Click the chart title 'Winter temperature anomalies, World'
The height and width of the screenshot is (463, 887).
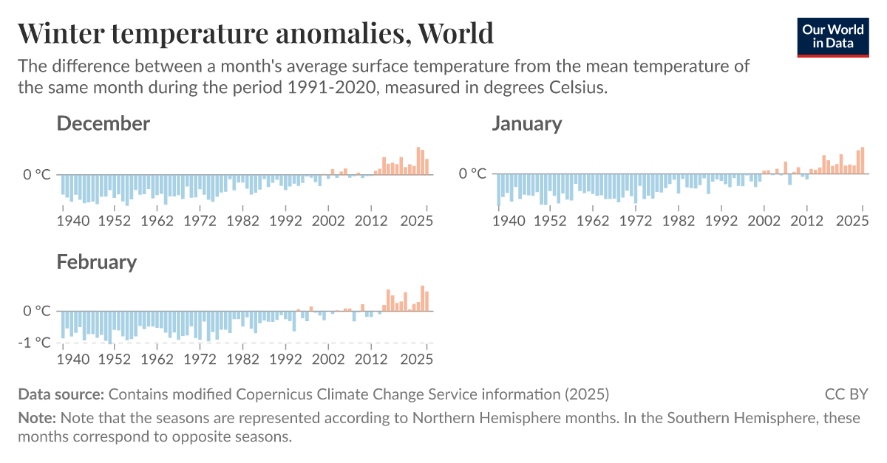[255, 32]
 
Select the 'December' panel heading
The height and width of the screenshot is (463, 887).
[103, 123]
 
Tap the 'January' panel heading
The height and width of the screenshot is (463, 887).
[526, 123]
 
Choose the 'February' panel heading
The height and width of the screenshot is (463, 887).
[97, 261]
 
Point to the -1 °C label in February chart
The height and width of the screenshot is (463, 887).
[37, 343]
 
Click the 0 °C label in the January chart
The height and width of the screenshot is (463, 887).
[473, 174]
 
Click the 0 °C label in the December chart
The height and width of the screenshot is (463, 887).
[37, 174]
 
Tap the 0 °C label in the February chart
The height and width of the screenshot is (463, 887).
[37, 311]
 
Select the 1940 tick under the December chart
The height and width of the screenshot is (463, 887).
[73, 220]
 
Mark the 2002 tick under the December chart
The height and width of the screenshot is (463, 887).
[328, 220]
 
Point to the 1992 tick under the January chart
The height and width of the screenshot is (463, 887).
[722, 219]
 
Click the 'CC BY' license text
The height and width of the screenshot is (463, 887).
[846, 394]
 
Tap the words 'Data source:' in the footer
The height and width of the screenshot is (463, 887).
[61, 394]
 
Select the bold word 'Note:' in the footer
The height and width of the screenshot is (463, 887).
[37, 418]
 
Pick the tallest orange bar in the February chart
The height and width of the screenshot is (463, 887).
[422, 298]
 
